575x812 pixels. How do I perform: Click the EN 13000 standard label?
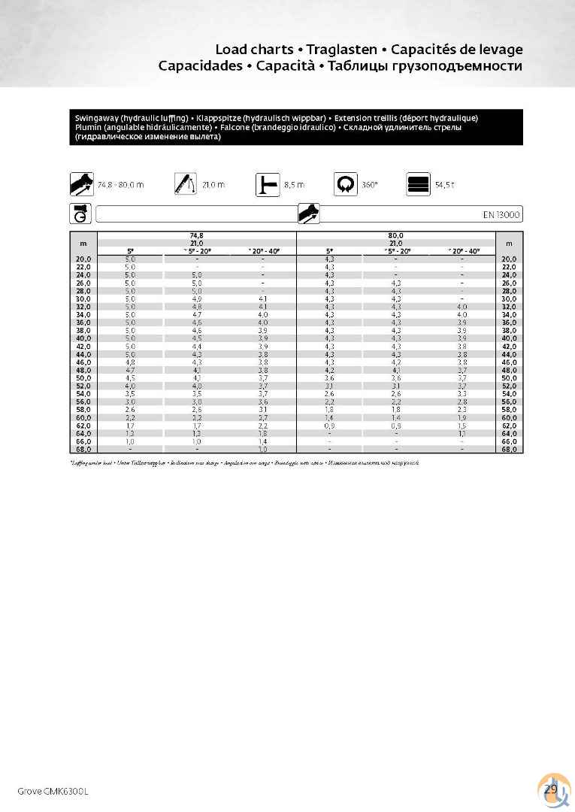pos(501,215)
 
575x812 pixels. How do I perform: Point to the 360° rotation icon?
pos(346,184)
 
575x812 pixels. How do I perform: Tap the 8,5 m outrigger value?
pos(295,185)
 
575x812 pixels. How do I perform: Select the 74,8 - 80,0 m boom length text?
pos(121,185)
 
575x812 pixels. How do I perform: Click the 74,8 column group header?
pos(197,236)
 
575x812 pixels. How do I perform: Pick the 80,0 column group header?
pos(396,236)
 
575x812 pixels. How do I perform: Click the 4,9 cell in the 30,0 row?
pos(197,298)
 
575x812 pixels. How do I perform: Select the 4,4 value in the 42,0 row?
pos(197,346)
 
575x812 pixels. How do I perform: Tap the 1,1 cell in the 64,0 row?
pos(462,433)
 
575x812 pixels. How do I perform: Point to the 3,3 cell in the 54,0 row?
pos(462,393)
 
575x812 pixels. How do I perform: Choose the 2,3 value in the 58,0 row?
pos(462,409)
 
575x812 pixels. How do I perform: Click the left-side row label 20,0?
pos(83,259)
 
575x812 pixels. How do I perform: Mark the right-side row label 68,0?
pos(509,449)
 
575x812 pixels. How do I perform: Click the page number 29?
pos(550,789)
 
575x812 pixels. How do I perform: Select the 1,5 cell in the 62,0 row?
pos(462,425)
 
